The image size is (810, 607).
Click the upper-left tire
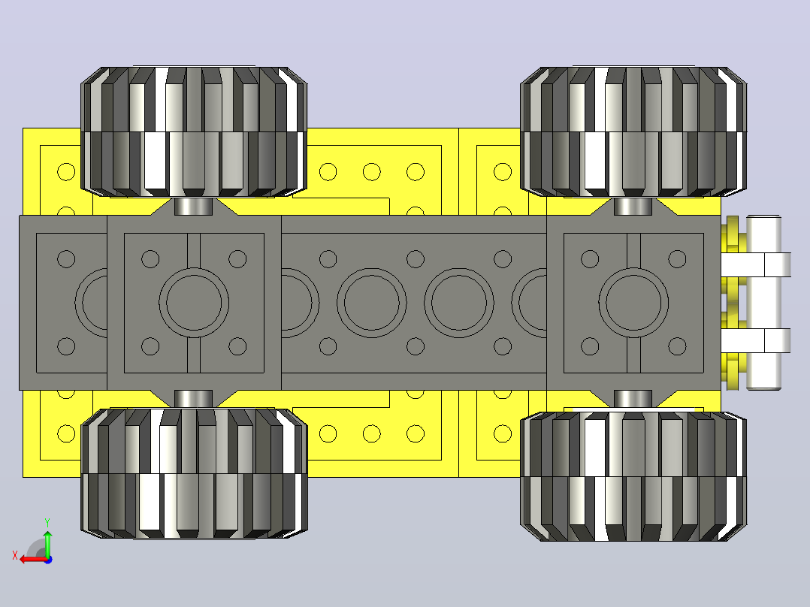tap(194, 131)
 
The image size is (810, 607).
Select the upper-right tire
tap(633, 131)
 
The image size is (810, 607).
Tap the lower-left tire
tap(194, 474)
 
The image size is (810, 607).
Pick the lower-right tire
tap(633, 476)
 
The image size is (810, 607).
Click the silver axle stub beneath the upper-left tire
tap(194, 206)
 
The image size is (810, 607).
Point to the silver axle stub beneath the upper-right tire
tap(633, 206)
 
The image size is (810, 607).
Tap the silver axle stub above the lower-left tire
tap(194, 399)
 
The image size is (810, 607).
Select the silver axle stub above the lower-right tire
tap(633, 400)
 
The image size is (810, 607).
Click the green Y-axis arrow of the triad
tap(47, 543)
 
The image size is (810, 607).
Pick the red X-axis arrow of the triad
tap(35, 559)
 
